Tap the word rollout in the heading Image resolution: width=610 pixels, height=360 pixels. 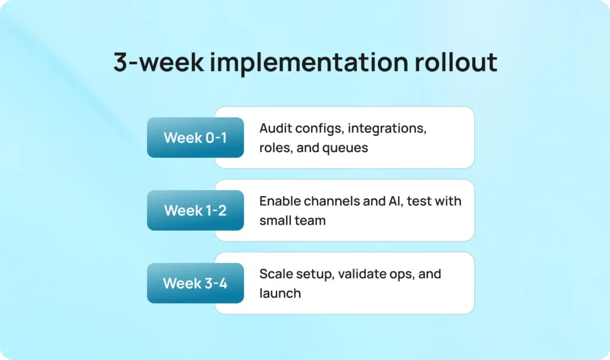(x=456, y=62)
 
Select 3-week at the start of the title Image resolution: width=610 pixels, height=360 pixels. (x=158, y=62)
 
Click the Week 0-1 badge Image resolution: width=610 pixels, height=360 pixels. (x=195, y=137)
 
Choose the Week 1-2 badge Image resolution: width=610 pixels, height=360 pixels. (x=195, y=210)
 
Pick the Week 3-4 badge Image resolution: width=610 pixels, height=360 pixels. (x=195, y=283)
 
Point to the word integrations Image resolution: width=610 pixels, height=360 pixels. (x=387, y=129)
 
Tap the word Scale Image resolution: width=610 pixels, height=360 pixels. (x=276, y=274)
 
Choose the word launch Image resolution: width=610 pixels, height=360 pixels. (x=280, y=293)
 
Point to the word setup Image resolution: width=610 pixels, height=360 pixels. (x=315, y=275)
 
